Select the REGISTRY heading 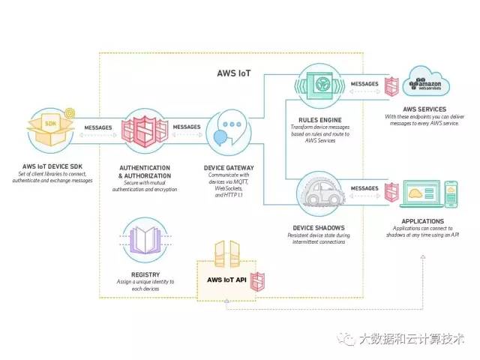(146, 274)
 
